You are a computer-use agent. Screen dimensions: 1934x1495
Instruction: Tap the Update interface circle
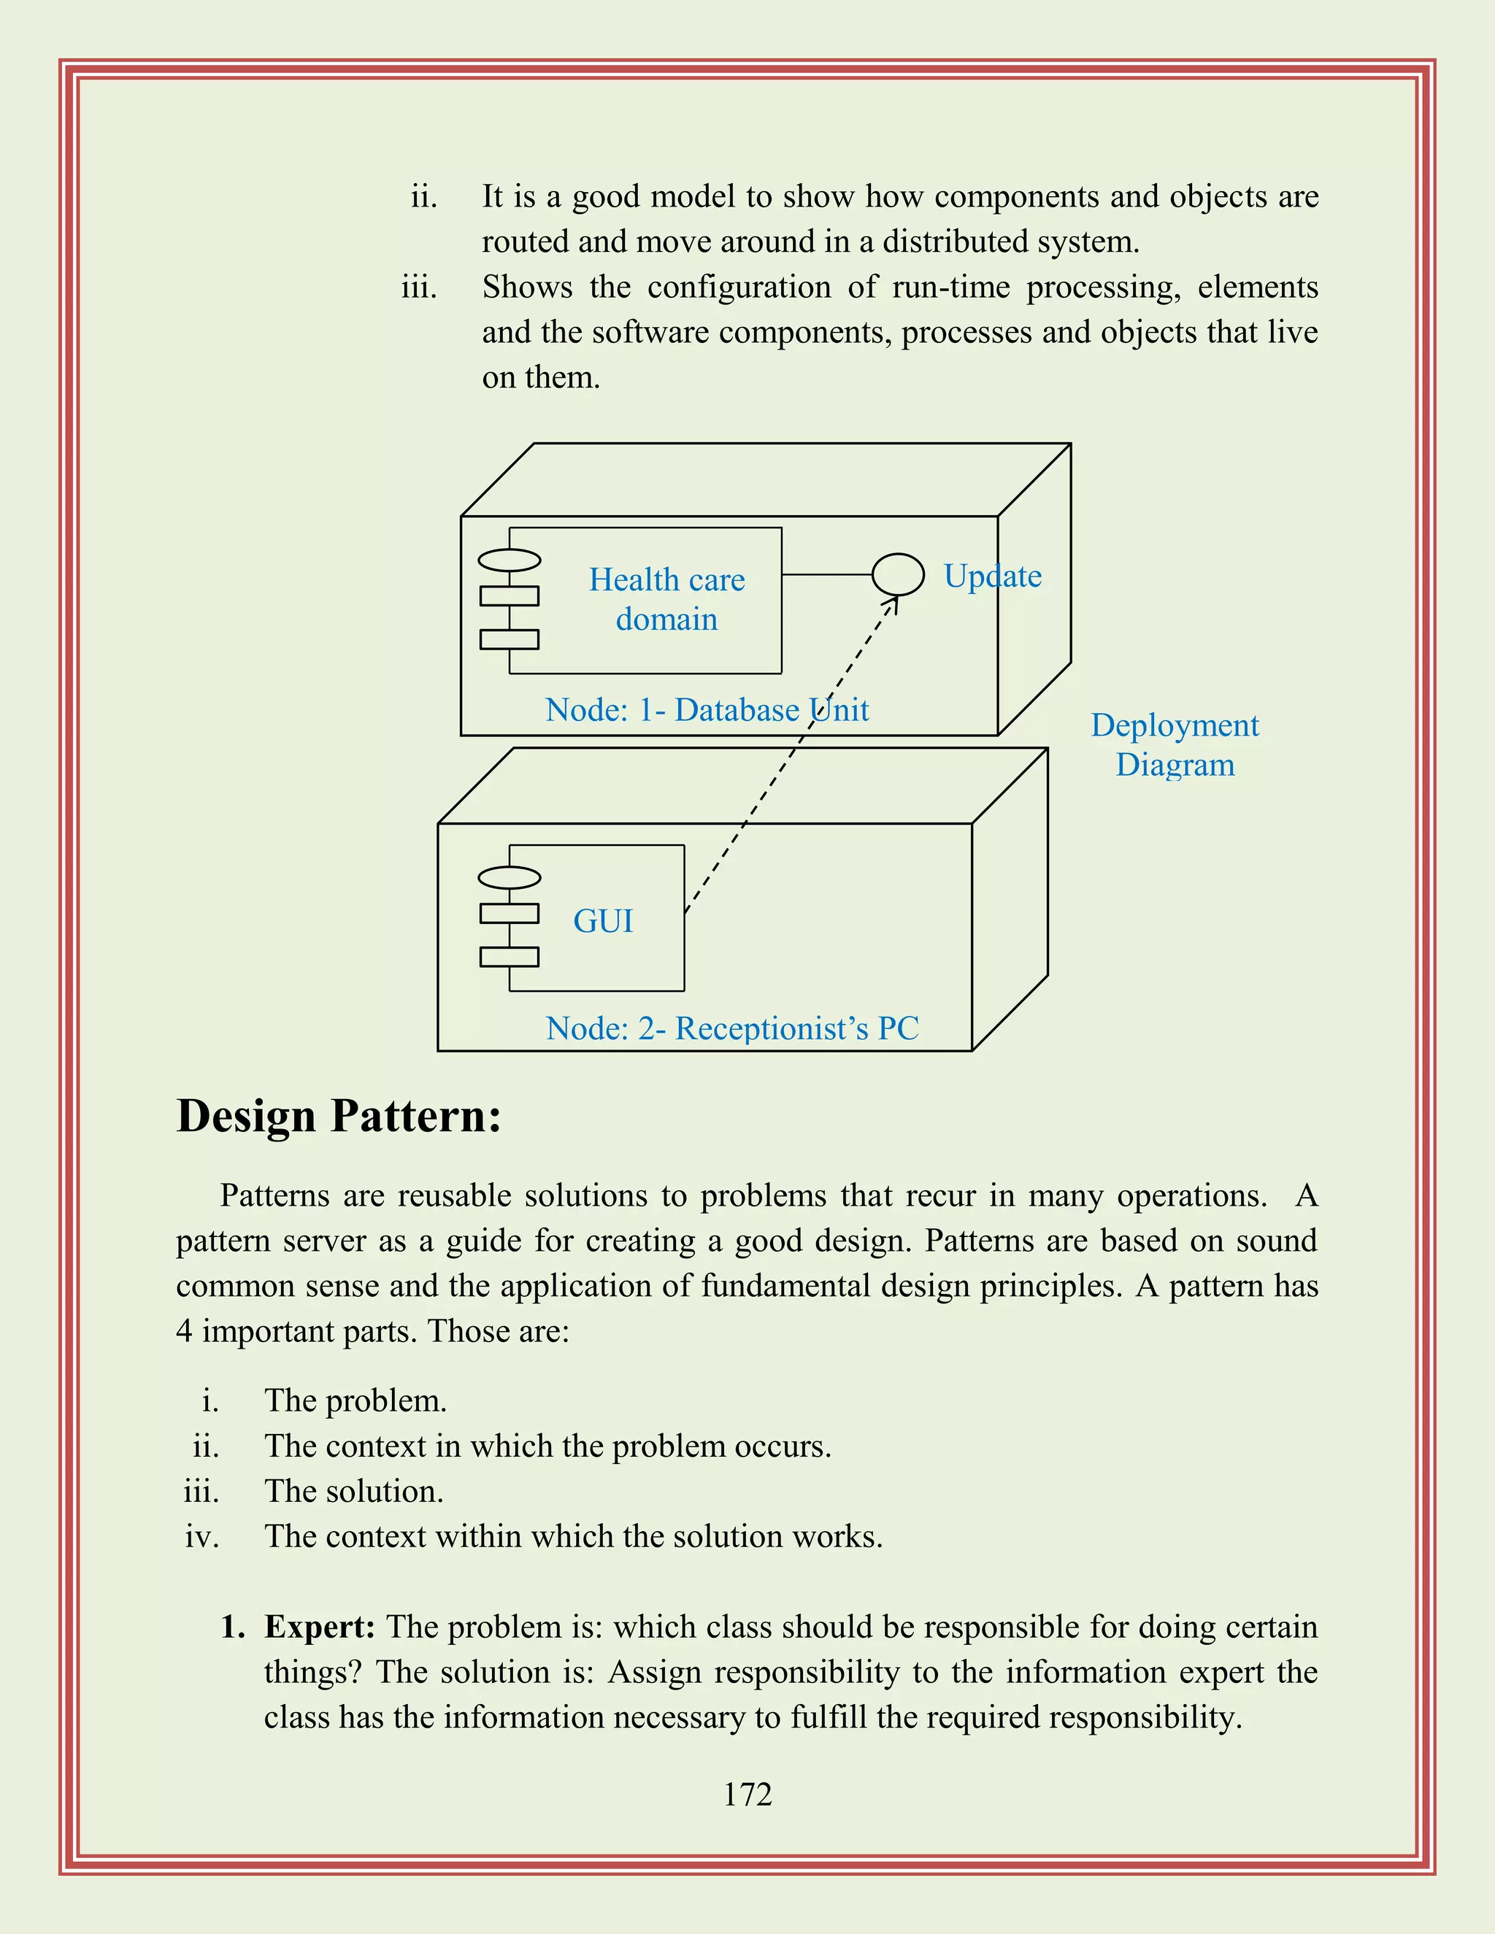click(x=897, y=574)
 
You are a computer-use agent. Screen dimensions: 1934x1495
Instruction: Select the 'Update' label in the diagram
click(x=992, y=577)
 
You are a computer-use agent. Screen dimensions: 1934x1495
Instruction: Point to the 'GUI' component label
click(x=603, y=921)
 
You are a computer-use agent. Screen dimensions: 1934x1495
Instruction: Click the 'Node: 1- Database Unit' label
click(x=707, y=710)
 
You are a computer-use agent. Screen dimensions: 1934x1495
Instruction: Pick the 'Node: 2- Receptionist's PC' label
click(x=731, y=1028)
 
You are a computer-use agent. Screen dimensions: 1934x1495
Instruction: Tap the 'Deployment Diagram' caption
click(x=1175, y=744)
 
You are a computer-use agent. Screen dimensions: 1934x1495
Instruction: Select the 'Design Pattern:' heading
click(x=338, y=1116)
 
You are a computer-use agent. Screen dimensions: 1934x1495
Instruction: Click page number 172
click(x=747, y=1794)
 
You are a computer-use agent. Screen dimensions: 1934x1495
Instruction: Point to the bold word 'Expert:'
click(x=320, y=1627)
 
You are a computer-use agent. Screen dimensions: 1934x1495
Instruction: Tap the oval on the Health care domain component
click(x=510, y=560)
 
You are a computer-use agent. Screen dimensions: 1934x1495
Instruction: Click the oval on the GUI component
click(x=510, y=877)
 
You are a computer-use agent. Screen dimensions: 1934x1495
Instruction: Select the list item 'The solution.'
click(x=353, y=1491)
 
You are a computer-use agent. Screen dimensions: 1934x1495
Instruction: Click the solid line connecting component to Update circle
click(x=826, y=574)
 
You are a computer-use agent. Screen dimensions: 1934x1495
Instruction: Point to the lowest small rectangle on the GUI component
click(x=510, y=956)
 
